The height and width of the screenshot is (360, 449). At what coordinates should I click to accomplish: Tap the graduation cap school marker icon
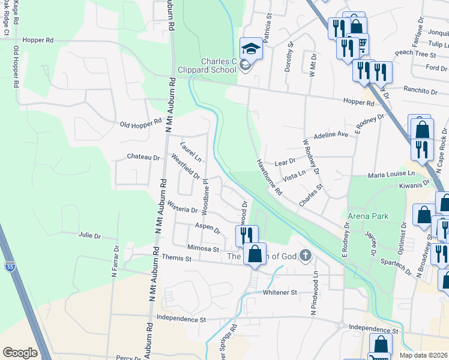(252, 48)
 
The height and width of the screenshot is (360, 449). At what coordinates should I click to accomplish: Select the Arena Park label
(368, 216)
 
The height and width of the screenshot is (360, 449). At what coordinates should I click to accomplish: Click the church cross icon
(306, 256)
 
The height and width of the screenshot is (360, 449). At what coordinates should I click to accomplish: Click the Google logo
(20, 353)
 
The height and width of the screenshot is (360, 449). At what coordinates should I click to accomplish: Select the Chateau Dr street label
(143, 157)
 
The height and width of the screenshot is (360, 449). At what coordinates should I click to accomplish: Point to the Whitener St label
(280, 292)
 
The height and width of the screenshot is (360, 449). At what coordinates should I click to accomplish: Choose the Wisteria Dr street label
(182, 209)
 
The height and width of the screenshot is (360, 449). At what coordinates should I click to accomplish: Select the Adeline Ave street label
(327, 134)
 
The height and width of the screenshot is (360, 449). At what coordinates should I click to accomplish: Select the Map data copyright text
(423, 355)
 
